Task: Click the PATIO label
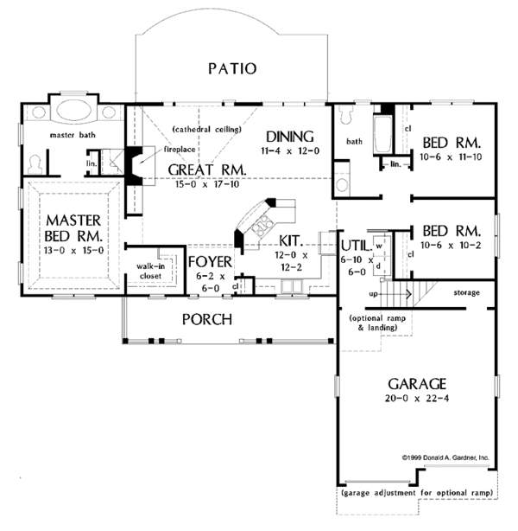[x=232, y=68]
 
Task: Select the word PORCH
[x=206, y=319]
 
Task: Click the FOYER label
[x=210, y=260]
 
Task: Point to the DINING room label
[x=289, y=136]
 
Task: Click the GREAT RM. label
[x=207, y=170]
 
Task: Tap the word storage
[x=467, y=293]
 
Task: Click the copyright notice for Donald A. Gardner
[x=445, y=456]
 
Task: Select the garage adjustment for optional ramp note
[x=419, y=493]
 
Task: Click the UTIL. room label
[x=355, y=246]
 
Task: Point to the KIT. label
[x=290, y=240]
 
